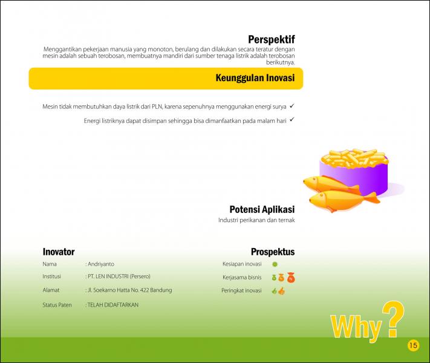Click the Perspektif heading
point(272,39)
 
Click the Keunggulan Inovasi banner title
point(255,77)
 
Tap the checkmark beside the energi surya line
point(292,106)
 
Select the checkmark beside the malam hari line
point(292,119)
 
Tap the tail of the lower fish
point(373,198)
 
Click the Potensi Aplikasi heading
point(262,209)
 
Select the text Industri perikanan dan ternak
point(256,220)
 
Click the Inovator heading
point(59,252)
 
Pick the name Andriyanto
point(101,264)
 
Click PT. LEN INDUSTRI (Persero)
point(119,276)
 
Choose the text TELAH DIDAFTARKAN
point(113,305)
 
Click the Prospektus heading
point(273,252)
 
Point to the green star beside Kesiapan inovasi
point(275,264)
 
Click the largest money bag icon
point(291,278)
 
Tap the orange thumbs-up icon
point(282,291)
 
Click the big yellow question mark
point(393,319)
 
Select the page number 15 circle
point(413,345)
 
